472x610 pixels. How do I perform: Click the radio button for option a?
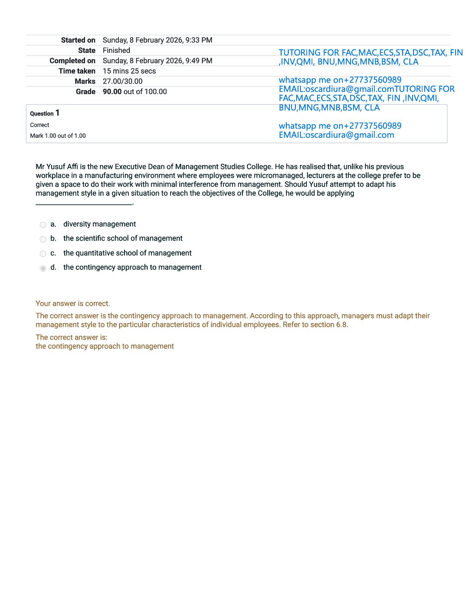pos(43,225)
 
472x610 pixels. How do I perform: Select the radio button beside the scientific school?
pos(43,240)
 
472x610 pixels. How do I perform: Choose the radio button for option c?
pos(43,254)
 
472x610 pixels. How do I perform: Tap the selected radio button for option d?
pos(43,269)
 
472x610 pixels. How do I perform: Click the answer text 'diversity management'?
pos(99,224)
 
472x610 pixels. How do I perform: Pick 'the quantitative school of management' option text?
pos(127,253)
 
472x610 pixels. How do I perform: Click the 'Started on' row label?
pos(78,40)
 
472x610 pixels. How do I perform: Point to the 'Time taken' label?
pos(77,71)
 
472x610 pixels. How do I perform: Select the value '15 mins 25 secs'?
pos(129,71)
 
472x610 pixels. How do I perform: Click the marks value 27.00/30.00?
pos(122,81)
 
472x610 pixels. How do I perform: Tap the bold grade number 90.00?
pos(112,92)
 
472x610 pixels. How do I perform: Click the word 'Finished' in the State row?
pos(116,51)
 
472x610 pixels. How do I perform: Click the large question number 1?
pos(57,113)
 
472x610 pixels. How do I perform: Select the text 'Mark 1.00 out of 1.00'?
pos(58,136)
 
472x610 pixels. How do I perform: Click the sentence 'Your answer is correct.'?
pos(72,304)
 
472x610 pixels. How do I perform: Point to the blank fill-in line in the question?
pos(84,204)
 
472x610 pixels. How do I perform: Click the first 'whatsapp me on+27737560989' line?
pos(340,80)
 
